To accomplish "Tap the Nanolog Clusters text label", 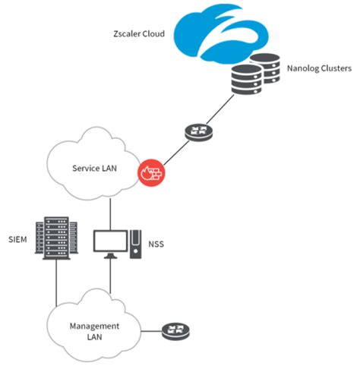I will [318, 68].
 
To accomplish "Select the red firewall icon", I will [151, 172].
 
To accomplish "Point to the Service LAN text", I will [95, 168].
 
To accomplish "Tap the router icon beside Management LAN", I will [175, 331].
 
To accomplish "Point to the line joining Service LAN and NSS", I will [112, 212].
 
